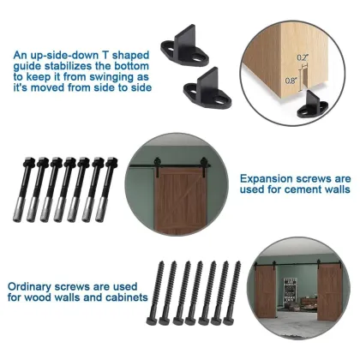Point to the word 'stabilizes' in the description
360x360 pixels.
click(88, 66)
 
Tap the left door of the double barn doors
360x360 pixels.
click(267, 292)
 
